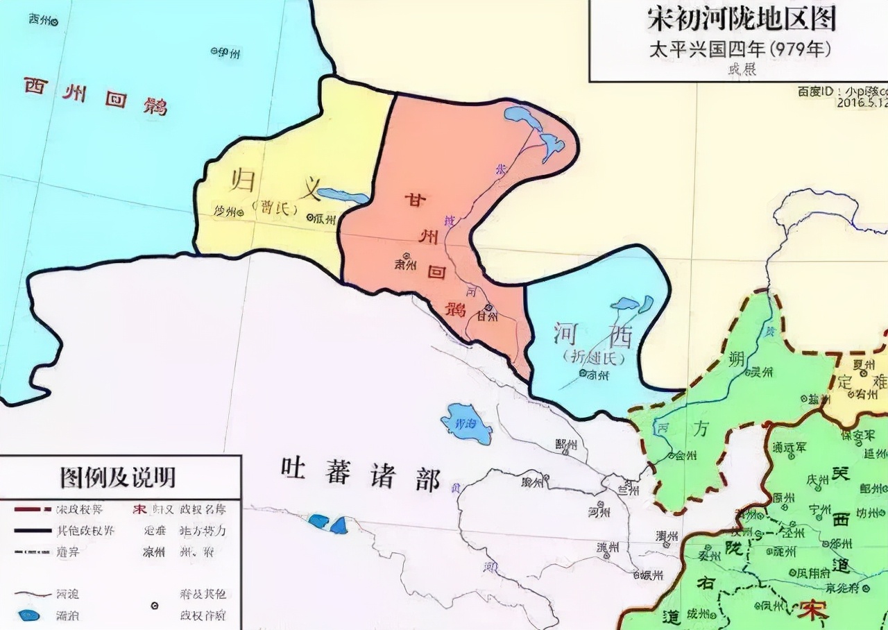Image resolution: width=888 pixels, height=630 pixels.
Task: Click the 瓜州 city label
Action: pyautogui.click(x=323, y=218)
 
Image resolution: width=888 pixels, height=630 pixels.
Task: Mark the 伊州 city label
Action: pyautogui.click(x=228, y=53)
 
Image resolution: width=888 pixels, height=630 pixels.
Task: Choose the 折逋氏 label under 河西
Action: pyautogui.click(x=594, y=357)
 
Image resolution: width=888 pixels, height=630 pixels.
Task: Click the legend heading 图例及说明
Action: pyautogui.click(x=118, y=477)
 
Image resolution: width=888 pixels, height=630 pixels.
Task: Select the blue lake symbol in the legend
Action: pyautogui.click(x=29, y=615)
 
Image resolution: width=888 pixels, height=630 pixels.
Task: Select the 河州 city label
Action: pyautogui.click(x=599, y=512)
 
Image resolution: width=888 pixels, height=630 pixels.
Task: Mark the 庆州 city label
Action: pyautogui.click(x=819, y=480)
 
